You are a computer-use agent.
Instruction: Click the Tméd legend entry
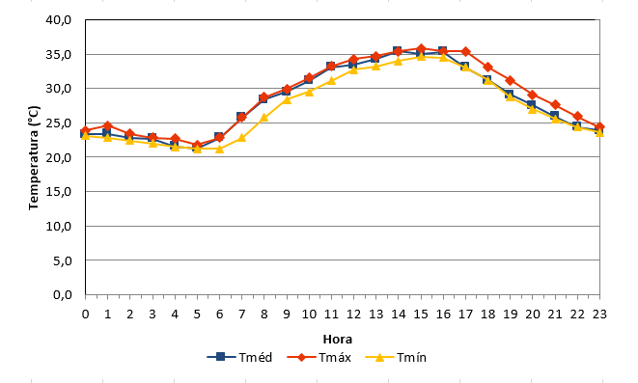coord(239,357)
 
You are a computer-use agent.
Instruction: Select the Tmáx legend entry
coord(319,357)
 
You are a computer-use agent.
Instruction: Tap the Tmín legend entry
coord(396,357)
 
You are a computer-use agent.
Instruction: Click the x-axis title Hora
coord(337,339)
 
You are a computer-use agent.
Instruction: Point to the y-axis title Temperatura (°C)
coord(34,157)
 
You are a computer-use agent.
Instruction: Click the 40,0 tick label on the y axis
coord(59,19)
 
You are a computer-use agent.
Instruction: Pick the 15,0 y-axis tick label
coord(59,191)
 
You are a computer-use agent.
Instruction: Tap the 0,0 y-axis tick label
coord(62,294)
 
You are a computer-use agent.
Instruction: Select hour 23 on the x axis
coord(599,315)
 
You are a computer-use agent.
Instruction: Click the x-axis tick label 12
coord(353,315)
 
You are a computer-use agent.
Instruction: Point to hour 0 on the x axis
coord(85,315)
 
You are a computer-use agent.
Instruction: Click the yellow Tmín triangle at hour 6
coord(219,149)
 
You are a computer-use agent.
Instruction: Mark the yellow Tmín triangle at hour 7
coord(241,138)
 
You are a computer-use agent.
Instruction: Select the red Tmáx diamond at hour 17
coord(465,52)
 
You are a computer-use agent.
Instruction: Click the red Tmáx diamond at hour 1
coord(107,125)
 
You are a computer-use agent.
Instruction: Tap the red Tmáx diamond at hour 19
coord(511,80)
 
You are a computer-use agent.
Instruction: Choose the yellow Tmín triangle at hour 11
coord(331,80)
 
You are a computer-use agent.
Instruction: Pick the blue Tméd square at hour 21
coord(554,116)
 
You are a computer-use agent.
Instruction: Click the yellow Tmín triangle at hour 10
coord(309,92)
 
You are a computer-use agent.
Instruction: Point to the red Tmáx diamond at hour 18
coord(487,68)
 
